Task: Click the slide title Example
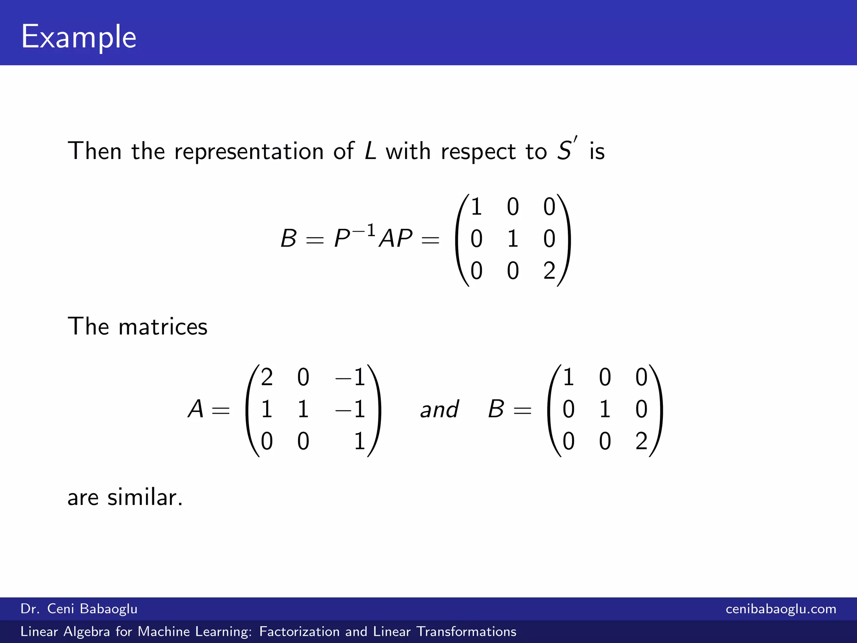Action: (x=79, y=37)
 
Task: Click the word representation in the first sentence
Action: (x=249, y=152)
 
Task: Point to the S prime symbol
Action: (x=567, y=150)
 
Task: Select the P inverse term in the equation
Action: (x=354, y=237)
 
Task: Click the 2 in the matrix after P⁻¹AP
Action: (x=549, y=271)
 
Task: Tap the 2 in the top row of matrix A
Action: (x=267, y=377)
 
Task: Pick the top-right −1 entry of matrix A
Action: (x=351, y=377)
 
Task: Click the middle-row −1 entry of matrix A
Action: (x=351, y=409)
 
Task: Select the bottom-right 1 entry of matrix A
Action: (x=359, y=441)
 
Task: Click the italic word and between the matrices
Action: (x=439, y=409)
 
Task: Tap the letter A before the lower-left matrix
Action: (x=196, y=409)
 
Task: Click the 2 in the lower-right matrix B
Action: (x=641, y=441)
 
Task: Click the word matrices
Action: (x=163, y=327)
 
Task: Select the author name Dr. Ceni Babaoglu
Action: (x=79, y=609)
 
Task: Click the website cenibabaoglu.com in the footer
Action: (x=781, y=609)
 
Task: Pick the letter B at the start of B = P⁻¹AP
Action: (x=289, y=239)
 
